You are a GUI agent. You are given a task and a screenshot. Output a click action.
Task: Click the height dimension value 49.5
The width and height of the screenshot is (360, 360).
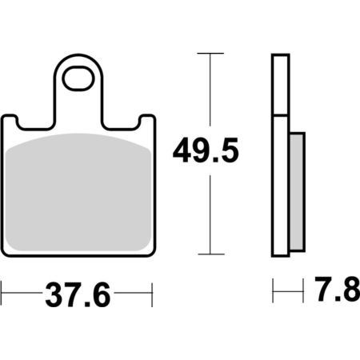[x=206, y=150]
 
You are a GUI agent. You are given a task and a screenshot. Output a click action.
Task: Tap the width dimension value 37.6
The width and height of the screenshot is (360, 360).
[x=78, y=294]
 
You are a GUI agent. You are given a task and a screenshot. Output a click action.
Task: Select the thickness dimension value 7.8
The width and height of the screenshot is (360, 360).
[x=338, y=289]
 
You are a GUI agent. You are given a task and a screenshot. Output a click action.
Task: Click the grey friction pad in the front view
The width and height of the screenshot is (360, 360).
[x=78, y=192]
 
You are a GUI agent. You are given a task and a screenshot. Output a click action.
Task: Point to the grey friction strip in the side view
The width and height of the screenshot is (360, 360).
[x=297, y=192]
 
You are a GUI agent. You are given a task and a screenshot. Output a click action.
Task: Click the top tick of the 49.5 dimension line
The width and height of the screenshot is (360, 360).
[x=210, y=54]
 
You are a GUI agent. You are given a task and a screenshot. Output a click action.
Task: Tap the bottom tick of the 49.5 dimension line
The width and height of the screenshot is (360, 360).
[x=211, y=254]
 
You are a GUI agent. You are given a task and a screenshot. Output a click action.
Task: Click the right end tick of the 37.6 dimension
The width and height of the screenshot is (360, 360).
[x=152, y=294]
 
